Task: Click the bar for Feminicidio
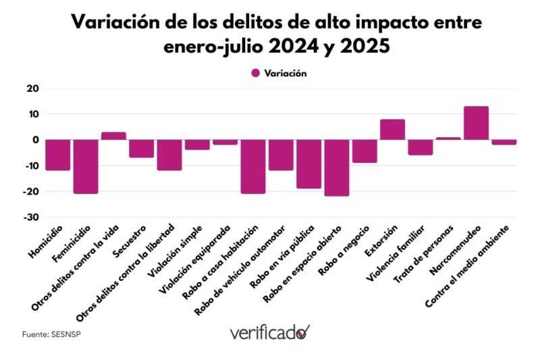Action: click(x=86, y=166)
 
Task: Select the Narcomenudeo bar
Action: click(x=476, y=123)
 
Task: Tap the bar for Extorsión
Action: click(x=392, y=130)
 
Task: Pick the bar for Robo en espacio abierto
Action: click(x=336, y=168)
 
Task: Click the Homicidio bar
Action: click(x=58, y=155)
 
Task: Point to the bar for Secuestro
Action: click(x=142, y=149)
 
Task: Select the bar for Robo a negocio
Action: click(x=364, y=151)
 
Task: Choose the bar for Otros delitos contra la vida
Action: click(x=113, y=136)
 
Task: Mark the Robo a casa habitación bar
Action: click(x=253, y=166)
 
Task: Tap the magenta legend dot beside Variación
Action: click(x=255, y=74)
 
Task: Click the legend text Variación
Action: click(x=286, y=74)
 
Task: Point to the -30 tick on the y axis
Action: click(x=30, y=217)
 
